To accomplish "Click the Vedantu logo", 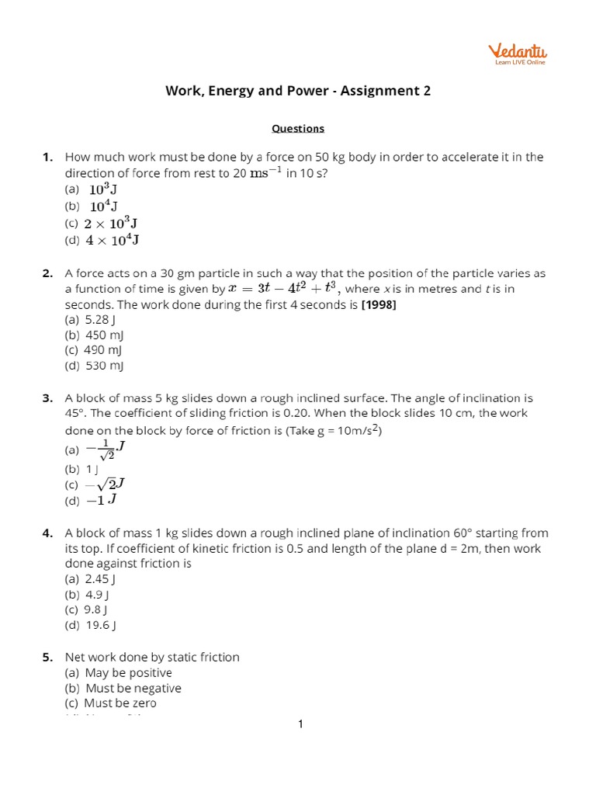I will click(517, 54).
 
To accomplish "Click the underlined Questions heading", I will click(298, 129).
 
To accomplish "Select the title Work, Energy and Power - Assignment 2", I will click(298, 91).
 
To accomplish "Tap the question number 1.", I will click(47, 157).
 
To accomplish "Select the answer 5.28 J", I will click(100, 319).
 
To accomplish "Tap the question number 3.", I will click(47, 398).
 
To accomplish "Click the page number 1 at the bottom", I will click(300, 725).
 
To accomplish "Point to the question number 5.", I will click(47, 658).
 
